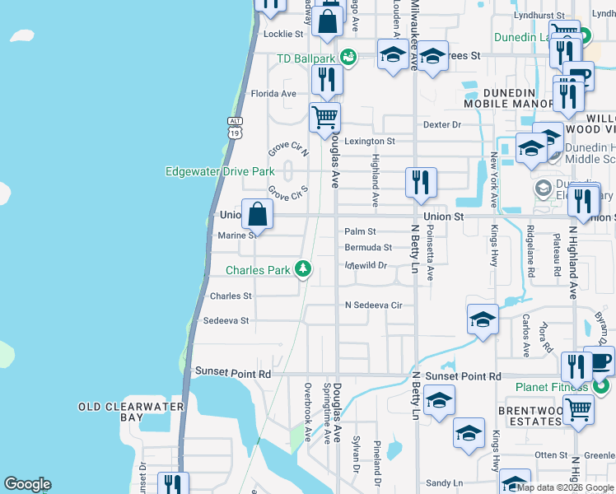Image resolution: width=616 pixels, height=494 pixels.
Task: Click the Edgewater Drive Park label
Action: (x=219, y=171)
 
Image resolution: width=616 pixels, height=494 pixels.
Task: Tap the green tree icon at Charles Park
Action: (x=304, y=268)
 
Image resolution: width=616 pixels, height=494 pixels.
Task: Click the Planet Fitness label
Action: (x=552, y=388)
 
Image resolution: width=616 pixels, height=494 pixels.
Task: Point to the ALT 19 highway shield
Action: (x=235, y=126)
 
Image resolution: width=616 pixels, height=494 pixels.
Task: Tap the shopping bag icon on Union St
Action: (x=258, y=214)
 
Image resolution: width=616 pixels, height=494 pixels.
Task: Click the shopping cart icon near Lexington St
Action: (x=324, y=117)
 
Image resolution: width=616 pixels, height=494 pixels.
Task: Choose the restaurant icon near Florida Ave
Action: (x=327, y=79)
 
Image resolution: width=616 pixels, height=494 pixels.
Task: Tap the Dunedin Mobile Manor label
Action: (x=508, y=98)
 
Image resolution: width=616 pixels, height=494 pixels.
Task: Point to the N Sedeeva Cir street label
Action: (x=373, y=305)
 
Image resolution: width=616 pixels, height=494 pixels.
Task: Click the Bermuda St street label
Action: (x=368, y=247)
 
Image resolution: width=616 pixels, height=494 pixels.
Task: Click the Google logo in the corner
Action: (x=27, y=484)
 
